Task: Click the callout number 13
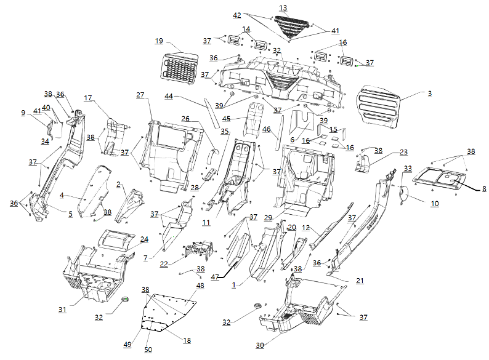[x=283, y=8]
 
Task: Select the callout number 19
[x=159, y=41]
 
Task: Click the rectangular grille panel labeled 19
[x=179, y=65]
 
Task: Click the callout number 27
[x=140, y=95]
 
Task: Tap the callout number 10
[x=434, y=202]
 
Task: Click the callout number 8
[x=484, y=189]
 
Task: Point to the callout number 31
[x=62, y=310]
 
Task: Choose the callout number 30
[x=260, y=345]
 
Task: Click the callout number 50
[x=148, y=350]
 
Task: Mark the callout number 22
[x=163, y=265]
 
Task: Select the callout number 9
[x=23, y=113]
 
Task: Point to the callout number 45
[x=226, y=118]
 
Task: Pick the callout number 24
[x=144, y=239]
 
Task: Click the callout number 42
[x=237, y=15]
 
